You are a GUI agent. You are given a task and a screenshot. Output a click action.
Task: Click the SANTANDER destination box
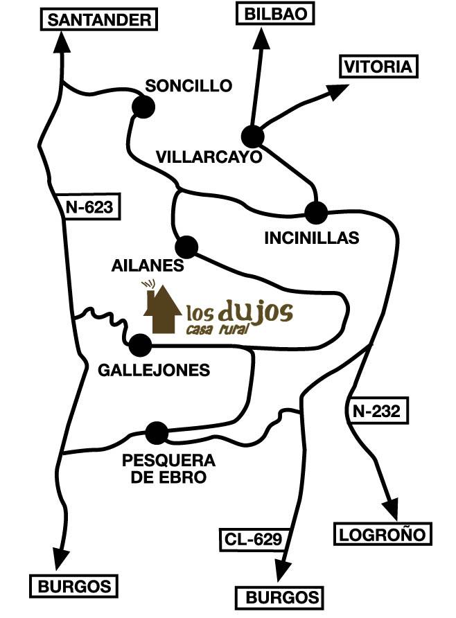tap(100, 19)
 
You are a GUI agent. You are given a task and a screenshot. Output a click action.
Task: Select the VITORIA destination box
tap(378, 67)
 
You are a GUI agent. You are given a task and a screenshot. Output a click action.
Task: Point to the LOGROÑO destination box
tap(383, 534)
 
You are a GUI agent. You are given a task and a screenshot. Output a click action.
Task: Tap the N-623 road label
tap(89, 206)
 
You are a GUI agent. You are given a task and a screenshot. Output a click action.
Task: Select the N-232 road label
tap(375, 411)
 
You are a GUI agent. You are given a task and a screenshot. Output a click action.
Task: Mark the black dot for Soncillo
tap(143, 107)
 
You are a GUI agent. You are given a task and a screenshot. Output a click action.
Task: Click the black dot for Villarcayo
tap(253, 136)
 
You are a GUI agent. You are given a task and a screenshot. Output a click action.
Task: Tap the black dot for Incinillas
tap(316, 212)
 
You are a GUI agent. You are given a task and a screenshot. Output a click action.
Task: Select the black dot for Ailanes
tap(186, 247)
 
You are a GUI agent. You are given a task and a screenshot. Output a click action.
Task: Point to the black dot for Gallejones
tap(140, 344)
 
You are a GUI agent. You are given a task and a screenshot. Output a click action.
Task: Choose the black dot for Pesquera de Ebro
tap(157, 432)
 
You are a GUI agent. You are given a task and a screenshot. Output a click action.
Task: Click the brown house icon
tap(161, 310)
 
